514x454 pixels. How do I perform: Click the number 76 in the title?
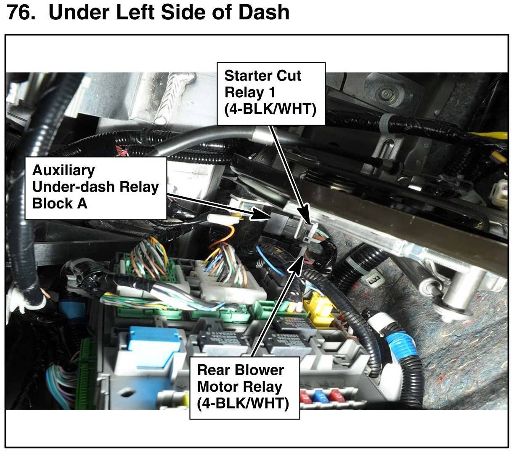pos(20,12)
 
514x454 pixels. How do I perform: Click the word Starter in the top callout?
pos(248,76)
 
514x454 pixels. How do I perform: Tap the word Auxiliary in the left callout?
pos(63,170)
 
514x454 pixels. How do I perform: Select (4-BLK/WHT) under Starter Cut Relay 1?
pos(270,109)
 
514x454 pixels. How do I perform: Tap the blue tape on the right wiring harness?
pos(402,349)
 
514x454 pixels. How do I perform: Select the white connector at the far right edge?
pos(501,189)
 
